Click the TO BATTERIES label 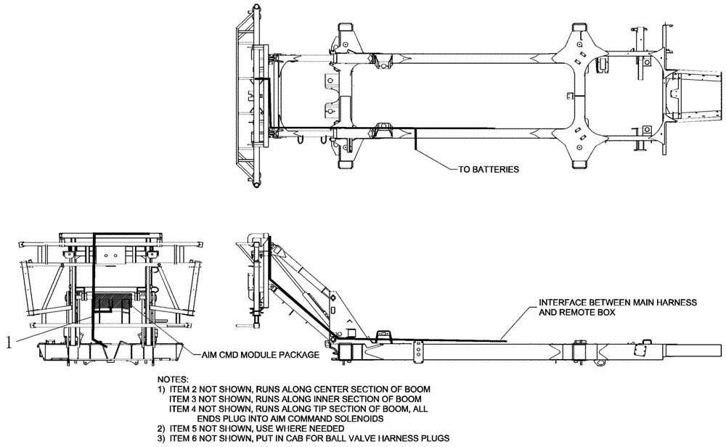(x=488, y=170)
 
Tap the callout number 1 (x=8, y=342)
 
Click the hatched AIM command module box (x=113, y=300)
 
